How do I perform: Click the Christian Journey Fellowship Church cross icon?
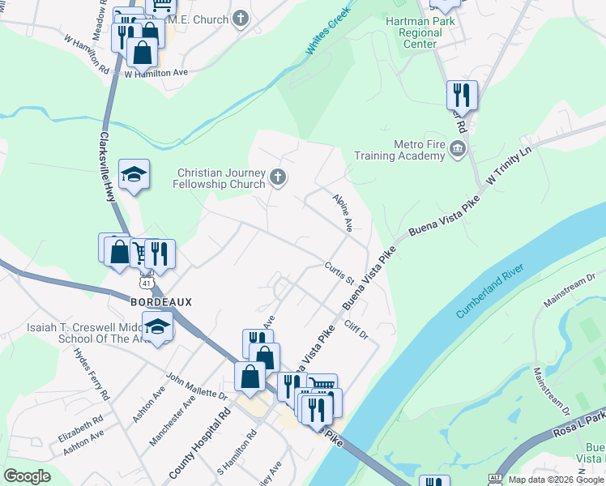[x=278, y=177]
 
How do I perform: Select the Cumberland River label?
[x=491, y=290]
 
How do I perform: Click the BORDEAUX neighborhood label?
[x=161, y=301]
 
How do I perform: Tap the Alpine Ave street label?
[x=343, y=213]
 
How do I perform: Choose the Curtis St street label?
[x=340, y=272]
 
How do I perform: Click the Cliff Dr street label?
[x=356, y=330]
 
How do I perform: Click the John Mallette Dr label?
[x=197, y=386]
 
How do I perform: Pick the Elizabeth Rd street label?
[x=80, y=429]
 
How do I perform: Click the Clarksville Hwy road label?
[x=107, y=167]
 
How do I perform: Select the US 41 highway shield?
[x=146, y=283]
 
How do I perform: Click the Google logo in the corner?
[x=28, y=476]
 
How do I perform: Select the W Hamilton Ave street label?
[x=156, y=73]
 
